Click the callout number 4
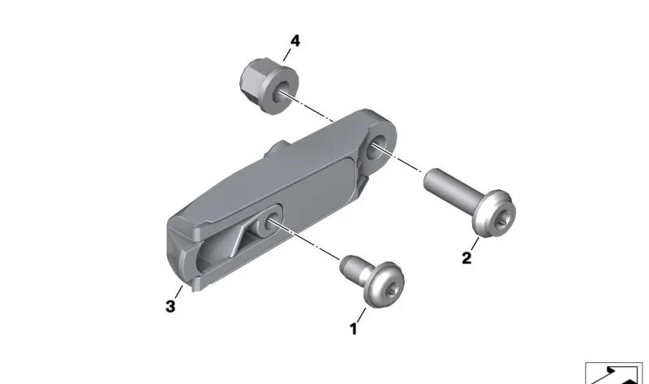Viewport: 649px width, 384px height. point(294,41)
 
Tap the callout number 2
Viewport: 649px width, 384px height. point(466,258)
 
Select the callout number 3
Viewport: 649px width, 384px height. point(170,307)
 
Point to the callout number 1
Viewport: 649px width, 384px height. point(353,329)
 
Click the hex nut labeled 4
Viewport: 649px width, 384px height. point(269,86)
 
